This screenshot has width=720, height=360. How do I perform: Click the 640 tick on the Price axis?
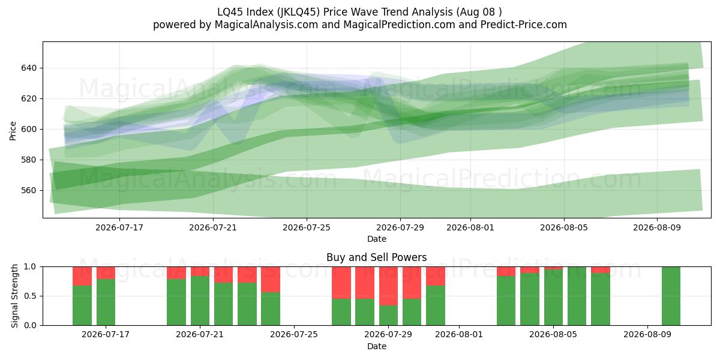point(29,68)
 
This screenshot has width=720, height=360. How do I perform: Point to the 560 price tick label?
point(29,191)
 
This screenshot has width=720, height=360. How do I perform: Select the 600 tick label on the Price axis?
point(29,129)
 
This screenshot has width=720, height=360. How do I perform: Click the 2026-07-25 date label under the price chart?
point(307,227)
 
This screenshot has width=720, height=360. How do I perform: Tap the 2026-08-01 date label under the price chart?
point(470,227)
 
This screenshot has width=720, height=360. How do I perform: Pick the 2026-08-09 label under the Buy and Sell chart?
point(647,335)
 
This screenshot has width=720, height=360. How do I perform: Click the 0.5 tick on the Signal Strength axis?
point(30,296)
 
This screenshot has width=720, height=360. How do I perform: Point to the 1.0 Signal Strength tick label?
point(30,267)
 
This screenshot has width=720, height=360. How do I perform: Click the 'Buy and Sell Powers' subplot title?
point(376,257)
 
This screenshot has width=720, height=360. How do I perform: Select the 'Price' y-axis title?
point(13,131)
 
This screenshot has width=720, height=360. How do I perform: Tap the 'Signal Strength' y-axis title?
point(14,296)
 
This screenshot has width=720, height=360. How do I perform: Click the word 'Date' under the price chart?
point(377,239)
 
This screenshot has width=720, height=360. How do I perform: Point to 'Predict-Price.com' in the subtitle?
point(524,25)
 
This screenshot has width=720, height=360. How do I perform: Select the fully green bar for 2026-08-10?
point(671,296)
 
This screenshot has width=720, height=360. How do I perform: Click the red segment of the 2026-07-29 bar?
point(388,286)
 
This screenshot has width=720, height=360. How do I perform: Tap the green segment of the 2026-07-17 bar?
point(106,302)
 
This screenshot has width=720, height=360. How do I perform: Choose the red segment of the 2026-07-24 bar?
point(271,280)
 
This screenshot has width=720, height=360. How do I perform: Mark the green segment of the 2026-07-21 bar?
point(200,301)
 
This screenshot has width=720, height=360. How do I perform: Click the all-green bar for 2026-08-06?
point(577,296)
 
